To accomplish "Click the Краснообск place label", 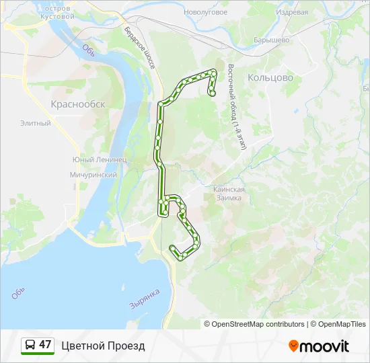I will [x=78, y=104].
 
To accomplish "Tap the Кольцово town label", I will [x=270, y=77].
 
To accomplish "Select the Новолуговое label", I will [x=205, y=11].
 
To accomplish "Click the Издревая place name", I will [x=293, y=12].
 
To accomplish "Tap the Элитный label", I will [x=36, y=123].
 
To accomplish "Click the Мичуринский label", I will [x=94, y=175].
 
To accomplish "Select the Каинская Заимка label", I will [x=229, y=194].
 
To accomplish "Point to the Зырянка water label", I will [x=144, y=299].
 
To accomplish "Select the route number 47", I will [x=45, y=345].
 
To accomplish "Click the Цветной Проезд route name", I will [x=103, y=346].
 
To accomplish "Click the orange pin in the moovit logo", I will [x=293, y=346].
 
